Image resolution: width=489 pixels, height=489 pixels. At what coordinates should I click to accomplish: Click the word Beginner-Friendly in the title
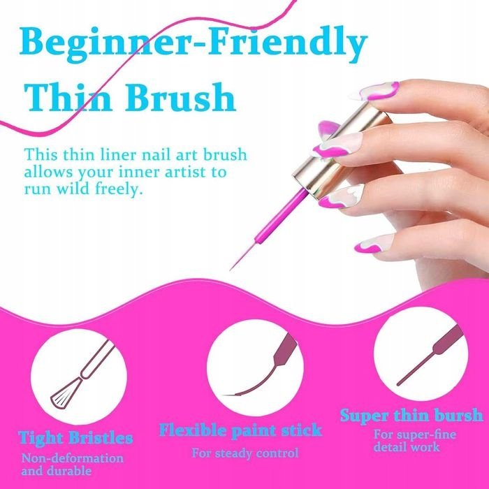coord(194,43)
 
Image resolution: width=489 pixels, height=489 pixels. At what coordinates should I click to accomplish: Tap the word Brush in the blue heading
coord(180,96)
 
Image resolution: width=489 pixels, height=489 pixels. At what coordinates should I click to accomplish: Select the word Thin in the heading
coord(68,96)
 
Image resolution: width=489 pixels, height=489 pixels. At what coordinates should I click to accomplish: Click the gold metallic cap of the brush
coord(342,149)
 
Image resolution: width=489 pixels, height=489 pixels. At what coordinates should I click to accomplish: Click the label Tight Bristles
coord(75,438)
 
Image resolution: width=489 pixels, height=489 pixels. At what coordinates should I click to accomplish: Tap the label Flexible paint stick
coord(240,430)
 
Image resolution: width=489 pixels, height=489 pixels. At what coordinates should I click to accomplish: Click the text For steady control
coord(245,453)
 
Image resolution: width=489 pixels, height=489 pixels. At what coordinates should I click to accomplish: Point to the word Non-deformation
coord(73,458)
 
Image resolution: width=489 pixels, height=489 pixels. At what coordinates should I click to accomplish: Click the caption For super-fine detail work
coord(415,440)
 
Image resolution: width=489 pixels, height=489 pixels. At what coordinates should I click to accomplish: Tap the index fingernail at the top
coord(374,91)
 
